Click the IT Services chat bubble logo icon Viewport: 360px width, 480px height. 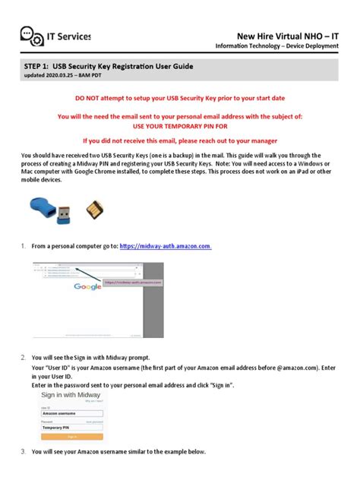(x=32, y=36)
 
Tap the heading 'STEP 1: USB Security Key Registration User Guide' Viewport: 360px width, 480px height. (x=117, y=67)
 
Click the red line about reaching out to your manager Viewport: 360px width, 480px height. (x=179, y=141)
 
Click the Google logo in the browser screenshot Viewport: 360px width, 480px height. (x=89, y=287)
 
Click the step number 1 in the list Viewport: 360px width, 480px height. (x=24, y=246)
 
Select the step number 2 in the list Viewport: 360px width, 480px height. (x=24, y=356)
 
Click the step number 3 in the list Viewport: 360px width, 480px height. (x=24, y=452)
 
